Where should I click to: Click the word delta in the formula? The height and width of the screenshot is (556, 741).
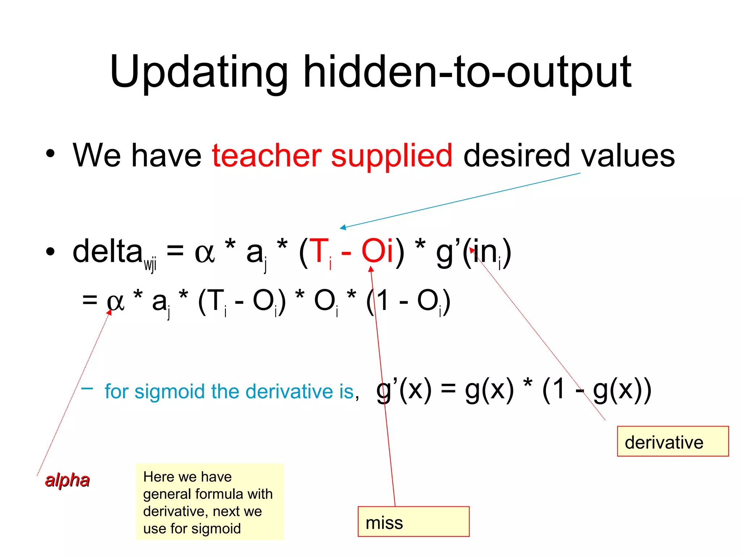coord(108,251)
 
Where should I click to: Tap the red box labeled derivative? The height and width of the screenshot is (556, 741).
coord(673,441)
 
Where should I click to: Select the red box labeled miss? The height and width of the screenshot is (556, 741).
coord(413,522)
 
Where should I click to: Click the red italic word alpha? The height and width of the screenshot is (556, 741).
coord(67,480)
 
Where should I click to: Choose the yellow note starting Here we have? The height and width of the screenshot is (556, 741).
coord(209,502)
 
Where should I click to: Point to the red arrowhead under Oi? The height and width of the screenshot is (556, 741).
coord(371,269)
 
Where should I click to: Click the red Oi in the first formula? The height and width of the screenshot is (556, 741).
coord(377,250)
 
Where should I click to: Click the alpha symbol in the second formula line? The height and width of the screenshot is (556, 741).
coord(115,301)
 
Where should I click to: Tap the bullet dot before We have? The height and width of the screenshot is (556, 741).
coord(50,154)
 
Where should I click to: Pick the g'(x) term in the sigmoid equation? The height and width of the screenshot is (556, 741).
coord(404,390)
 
